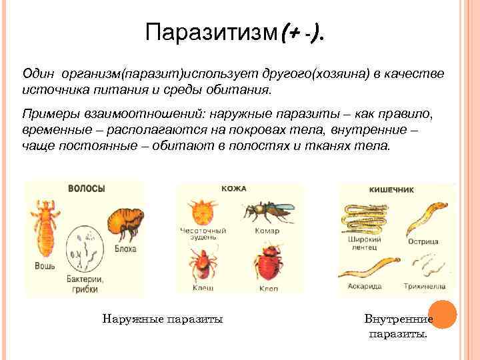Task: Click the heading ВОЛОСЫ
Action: click(87, 189)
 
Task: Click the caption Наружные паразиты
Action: click(163, 319)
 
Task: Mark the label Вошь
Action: click(45, 265)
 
